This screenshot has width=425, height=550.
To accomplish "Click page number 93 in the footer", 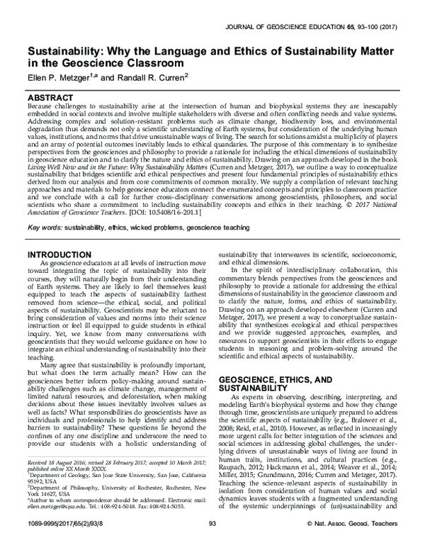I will pyautogui.click(x=212, y=542).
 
